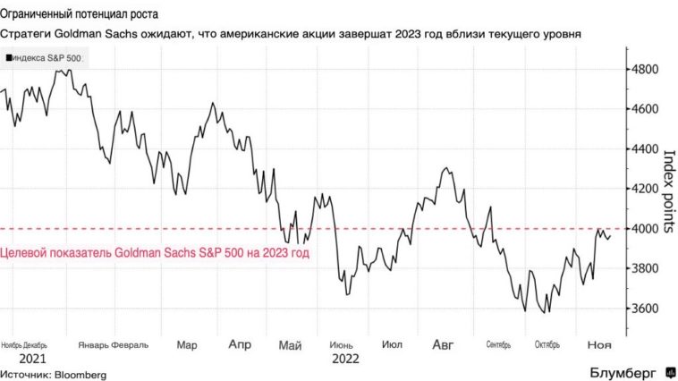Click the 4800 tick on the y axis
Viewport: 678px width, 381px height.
click(x=645, y=69)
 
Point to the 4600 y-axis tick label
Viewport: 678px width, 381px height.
click(x=645, y=109)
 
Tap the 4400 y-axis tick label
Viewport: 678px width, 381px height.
click(x=645, y=148)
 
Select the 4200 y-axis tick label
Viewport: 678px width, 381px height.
click(x=645, y=189)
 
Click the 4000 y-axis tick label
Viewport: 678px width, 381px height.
click(x=645, y=229)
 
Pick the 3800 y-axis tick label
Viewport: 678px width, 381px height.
click(x=645, y=268)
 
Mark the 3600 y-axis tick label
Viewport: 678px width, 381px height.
click(x=645, y=309)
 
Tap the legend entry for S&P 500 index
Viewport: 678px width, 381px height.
click(x=42, y=57)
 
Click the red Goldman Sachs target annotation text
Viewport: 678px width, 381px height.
click(x=155, y=254)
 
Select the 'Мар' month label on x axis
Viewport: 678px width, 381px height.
click(x=187, y=344)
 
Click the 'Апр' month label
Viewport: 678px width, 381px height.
click(x=240, y=344)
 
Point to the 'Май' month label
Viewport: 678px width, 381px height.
click(x=290, y=344)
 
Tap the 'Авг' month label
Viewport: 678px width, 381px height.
click(x=444, y=344)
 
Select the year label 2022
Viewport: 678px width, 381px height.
click(x=347, y=359)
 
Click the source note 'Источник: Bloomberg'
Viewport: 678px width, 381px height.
click(x=55, y=373)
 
